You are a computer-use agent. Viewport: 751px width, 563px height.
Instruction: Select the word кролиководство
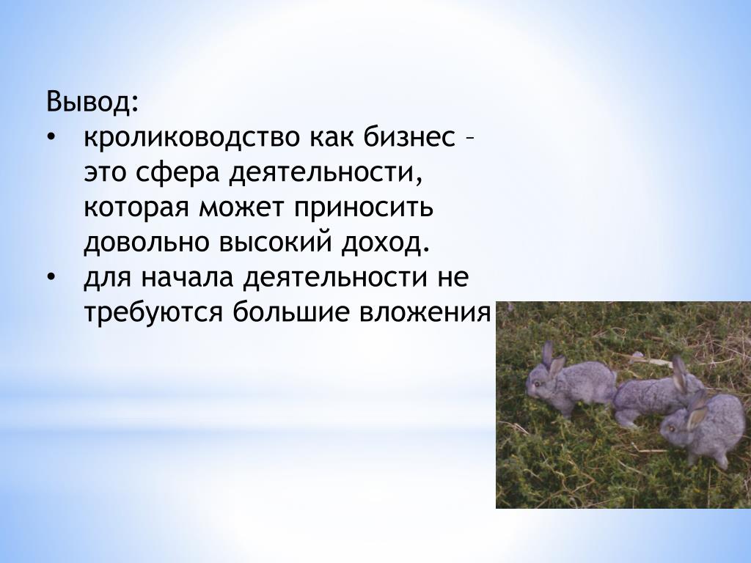tap(191, 137)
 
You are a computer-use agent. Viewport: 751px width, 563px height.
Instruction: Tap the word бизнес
tap(409, 137)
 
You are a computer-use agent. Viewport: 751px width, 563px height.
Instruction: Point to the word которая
tap(136, 207)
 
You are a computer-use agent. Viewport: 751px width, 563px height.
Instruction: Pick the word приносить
tap(364, 207)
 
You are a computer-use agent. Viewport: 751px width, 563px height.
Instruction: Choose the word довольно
tap(147, 243)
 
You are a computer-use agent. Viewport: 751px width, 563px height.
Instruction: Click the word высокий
tap(276, 243)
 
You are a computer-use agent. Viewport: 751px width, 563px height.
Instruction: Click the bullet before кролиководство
tap(51, 139)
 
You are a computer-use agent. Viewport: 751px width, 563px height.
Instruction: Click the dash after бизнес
tap(470, 139)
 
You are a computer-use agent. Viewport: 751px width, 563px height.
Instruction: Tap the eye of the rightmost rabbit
tap(670, 428)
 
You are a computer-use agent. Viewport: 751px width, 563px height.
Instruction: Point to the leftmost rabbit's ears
tap(552, 359)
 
